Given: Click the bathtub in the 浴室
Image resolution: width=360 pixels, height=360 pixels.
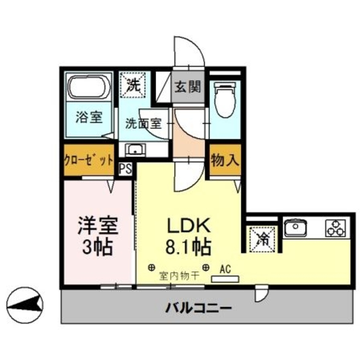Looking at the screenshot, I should (89, 87).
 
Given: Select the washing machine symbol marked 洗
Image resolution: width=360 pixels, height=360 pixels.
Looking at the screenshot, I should (134, 85).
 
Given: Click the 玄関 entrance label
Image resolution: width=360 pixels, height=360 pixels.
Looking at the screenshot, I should (187, 87).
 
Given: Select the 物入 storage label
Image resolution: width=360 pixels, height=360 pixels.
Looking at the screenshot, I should (225, 160).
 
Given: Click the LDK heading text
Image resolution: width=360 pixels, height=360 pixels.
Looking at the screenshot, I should (188, 226).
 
